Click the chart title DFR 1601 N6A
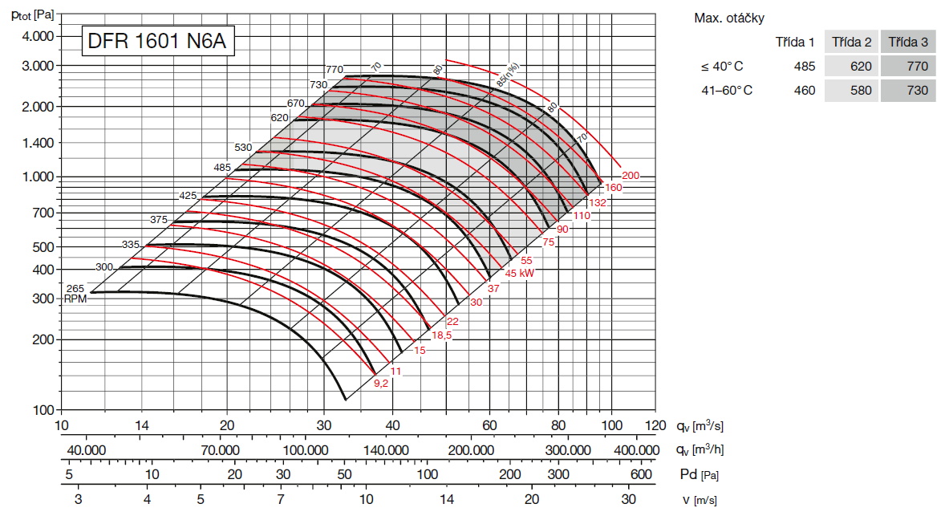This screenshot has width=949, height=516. [x=157, y=42]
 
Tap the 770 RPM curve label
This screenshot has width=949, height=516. [x=335, y=70]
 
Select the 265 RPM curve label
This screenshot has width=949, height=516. [x=74, y=288]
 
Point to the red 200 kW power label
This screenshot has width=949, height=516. [x=630, y=175]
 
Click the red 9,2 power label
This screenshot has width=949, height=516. [x=381, y=384]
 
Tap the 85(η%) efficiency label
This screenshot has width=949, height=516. [x=509, y=74]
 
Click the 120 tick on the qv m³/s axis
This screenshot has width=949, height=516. [x=655, y=425]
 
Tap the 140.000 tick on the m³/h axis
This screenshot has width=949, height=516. [x=387, y=450]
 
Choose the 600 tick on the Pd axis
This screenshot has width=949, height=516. [x=642, y=474]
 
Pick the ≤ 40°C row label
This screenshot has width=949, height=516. [x=722, y=67]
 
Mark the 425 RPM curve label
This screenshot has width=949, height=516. [x=188, y=195]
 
